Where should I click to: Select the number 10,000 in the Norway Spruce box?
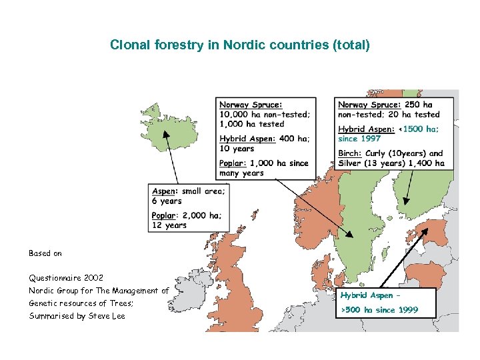[x=235, y=114]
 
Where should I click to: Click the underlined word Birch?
[x=350, y=153]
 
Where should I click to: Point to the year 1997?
[x=370, y=139]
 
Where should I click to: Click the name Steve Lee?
[x=106, y=316]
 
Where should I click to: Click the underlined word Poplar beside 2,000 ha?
[x=163, y=215]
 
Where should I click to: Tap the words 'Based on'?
[x=45, y=253]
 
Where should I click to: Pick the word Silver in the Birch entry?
[x=351, y=163]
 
